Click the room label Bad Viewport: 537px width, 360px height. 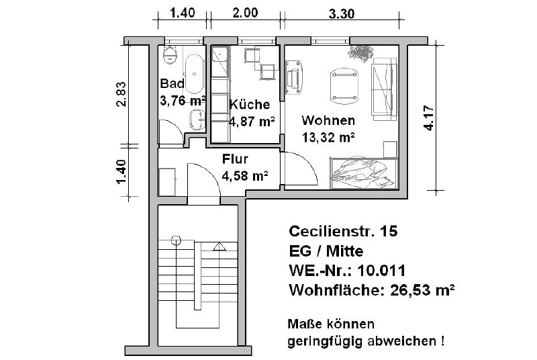coord(172,84)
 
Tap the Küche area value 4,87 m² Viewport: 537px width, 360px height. coord(252,122)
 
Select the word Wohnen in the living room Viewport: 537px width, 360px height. coord(328,121)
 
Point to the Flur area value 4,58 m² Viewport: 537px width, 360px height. coord(245,176)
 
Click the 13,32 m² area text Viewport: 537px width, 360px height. coord(328,138)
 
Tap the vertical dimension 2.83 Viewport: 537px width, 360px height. coord(120,93)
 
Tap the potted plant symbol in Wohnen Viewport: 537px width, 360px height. coord(363,52)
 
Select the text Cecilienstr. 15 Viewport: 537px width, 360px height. coord(342,232)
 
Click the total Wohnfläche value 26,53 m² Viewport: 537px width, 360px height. coord(417,291)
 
